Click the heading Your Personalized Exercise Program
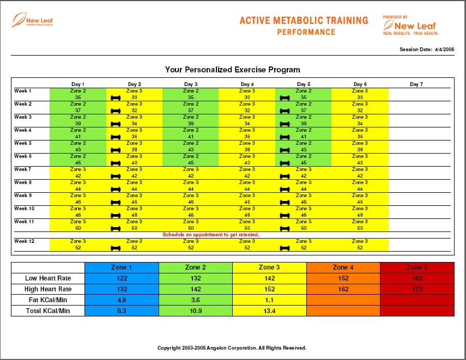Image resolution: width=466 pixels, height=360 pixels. click(233, 70)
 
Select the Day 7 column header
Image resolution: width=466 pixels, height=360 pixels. click(416, 84)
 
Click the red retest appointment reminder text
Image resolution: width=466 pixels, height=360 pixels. click(211, 235)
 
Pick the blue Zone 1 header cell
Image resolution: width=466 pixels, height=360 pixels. click(122, 267)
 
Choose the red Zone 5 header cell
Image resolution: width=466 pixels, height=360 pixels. click(417, 267)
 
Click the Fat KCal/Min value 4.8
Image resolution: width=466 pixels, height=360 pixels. click(122, 300)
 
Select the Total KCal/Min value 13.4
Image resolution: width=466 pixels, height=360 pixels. click(269, 311)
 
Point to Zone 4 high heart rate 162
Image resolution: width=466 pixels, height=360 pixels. click(343, 289)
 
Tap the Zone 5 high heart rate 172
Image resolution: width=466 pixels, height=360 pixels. click(417, 289)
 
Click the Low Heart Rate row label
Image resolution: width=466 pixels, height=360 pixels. click(47, 278)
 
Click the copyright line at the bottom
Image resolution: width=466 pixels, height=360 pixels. click(232, 347)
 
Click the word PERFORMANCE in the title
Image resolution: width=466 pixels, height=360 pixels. click(306, 32)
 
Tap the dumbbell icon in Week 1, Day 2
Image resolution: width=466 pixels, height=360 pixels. click(116, 98)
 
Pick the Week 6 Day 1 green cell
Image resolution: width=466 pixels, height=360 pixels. click(78, 159)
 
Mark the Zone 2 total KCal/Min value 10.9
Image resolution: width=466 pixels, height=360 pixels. click(196, 311)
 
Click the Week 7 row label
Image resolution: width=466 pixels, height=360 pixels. click(23, 169)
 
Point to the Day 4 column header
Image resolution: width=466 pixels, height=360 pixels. click(247, 84)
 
